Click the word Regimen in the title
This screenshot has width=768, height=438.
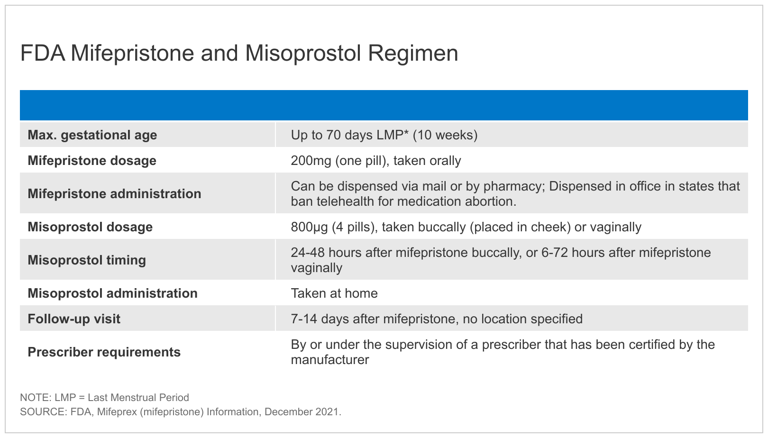(x=413, y=54)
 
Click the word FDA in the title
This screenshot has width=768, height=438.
(x=43, y=53)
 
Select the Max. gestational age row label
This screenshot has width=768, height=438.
(x=92, y=135)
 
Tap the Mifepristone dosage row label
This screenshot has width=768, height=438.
(x=92, y=160)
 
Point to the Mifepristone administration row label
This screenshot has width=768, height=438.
(x=115, y=193)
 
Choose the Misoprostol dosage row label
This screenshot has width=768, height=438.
(x=90, y=227)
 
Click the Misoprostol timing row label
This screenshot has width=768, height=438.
(x=87, y=260)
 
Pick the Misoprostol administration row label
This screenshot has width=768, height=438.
(x=112, y=293)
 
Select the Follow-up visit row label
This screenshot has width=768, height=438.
(x=74, y=319)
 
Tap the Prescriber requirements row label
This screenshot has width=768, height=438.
(x=104, y=352)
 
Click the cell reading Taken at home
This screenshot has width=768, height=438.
(x=334, y=293)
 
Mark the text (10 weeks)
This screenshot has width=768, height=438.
(x=445, y=135)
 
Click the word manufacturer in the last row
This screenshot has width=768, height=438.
(x=330, y=360)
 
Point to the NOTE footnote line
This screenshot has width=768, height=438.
(x=105, y=398)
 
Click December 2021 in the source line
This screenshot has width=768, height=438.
(x=302, y=411)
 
